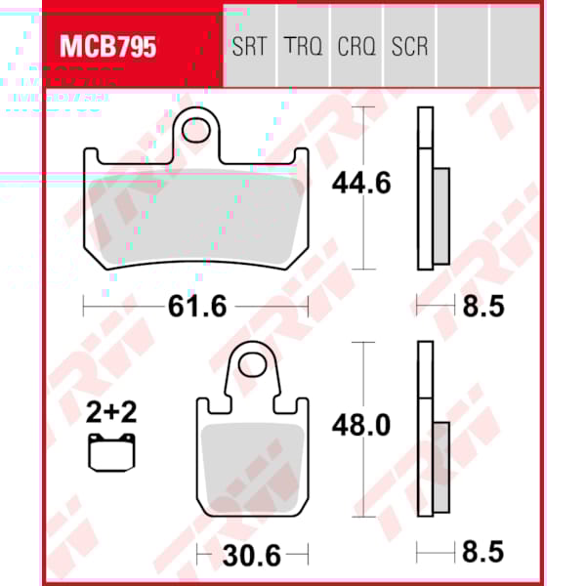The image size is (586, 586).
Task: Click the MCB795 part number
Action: [108, 47]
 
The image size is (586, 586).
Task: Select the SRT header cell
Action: [251, 47]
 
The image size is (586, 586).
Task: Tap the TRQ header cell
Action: [303, 47]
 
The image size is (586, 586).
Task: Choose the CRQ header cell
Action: [356, 47]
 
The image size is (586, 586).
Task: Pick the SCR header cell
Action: [409, 47]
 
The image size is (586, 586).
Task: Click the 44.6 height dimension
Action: [361, 183]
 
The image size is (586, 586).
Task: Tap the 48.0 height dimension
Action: [361, 426]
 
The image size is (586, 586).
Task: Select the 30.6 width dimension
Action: [252, 557]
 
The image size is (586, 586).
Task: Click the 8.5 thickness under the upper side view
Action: [482, 307]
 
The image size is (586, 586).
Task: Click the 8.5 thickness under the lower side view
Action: [482, 554]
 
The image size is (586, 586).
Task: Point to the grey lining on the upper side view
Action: [440, 216]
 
